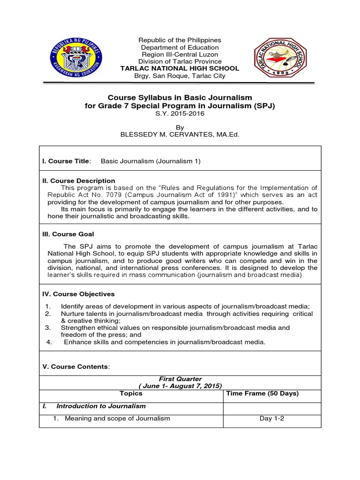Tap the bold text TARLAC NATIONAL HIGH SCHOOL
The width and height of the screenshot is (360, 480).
pyautogui.click(x=180, y=68)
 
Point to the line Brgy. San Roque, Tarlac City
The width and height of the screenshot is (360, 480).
pyautogui.click(x=180, y=75)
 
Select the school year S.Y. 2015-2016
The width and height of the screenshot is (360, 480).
pyautogui.click(x=180, y=114)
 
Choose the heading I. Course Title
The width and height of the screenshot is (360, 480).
pyautogui.click(x=67, y=161)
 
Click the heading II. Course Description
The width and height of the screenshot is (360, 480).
pyautogui.click(x=79, y=180)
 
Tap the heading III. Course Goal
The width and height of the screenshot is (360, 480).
pyautogui.click(x=68, y=234)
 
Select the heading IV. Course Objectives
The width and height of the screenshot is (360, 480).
pyautogui.click(x=78, y=294)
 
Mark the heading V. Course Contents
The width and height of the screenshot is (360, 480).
pyautogui.click(x=76, y=367)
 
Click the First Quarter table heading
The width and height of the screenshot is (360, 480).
pyautogui.click(x=180, y=379)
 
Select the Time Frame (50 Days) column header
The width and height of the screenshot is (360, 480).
pyautogui.click(x=262, y=394)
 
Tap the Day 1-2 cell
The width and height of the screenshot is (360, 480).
pyautogui.click(x=271, y=419)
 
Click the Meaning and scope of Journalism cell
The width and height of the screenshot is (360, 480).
pyautogui.click(x=117, y=419)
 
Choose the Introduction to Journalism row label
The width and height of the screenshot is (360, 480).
pyautogui.click(x=101, y=406)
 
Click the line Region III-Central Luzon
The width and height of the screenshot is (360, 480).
pyautogui.click(x=180, y=54)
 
